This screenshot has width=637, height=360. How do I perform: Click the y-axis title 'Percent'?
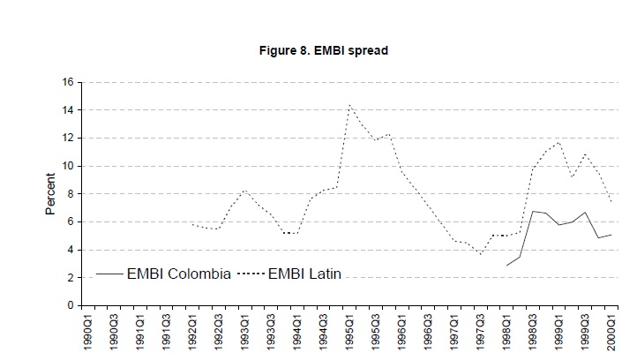point(50,194)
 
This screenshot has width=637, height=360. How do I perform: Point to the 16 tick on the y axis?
point(67,82)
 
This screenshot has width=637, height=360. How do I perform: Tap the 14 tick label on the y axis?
point(67,110)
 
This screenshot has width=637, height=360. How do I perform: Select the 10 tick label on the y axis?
point(67,166)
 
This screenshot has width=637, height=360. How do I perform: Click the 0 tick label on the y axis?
point(71,305)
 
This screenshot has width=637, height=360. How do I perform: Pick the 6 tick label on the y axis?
point(71,221)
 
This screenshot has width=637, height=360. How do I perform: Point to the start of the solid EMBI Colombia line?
point(506,265)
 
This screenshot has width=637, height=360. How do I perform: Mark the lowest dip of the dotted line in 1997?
point(481,254)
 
